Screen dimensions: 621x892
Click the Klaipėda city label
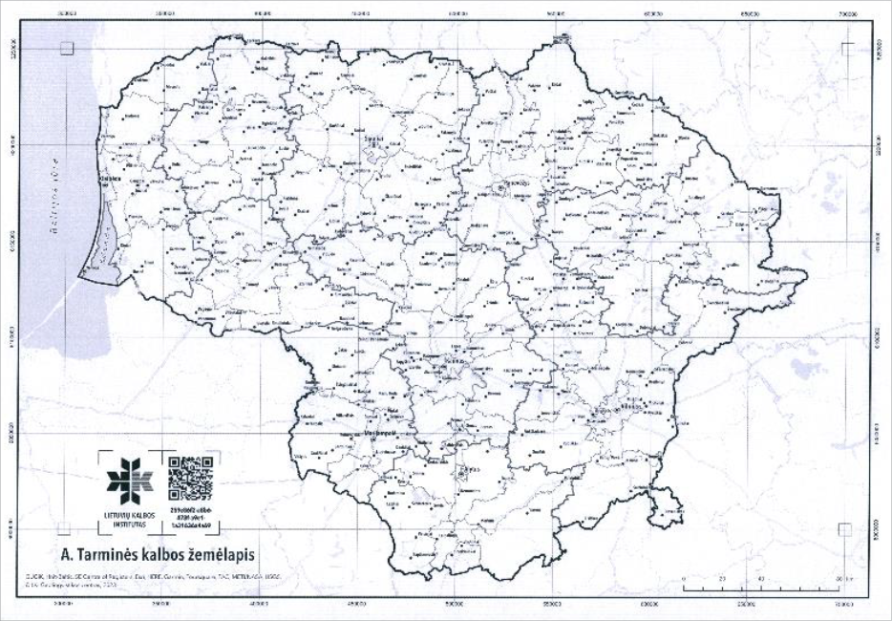pos(113,175)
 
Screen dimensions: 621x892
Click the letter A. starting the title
pos(66,553)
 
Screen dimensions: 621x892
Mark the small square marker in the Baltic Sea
pos(66,48)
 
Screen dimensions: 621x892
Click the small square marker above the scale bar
pos(844,527)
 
